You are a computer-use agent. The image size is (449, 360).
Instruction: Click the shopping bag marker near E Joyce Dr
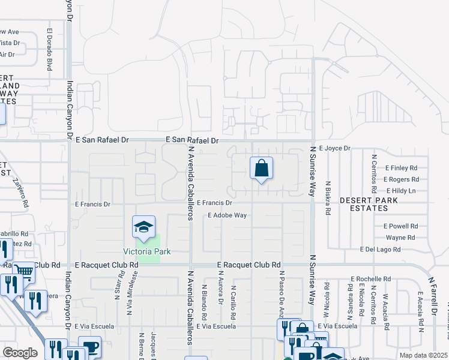tap(261, 169)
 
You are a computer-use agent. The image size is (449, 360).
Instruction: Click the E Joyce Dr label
tap(334, 148)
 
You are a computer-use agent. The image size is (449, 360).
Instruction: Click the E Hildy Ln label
tap(400, 191)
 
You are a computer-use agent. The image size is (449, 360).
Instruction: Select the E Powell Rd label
tap(400, 226)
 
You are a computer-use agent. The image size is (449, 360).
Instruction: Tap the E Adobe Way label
tap(228, 215)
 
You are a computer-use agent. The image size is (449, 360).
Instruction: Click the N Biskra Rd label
tap(328, 199)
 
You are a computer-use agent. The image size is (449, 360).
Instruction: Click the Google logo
tap(20, 353)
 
